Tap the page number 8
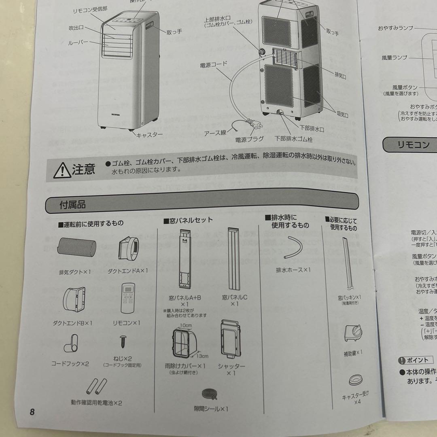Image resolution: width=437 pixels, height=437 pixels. click(x=32, y=412)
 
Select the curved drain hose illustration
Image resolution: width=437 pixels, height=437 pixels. click(x=293, y=248)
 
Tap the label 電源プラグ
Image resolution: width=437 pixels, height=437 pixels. click(x=249, y=139)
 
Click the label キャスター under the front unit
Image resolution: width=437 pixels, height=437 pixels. click(x=149, y=135)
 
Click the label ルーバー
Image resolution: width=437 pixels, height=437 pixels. click(x=78, y=42)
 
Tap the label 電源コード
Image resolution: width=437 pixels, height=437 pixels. click(x=213, y=64)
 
